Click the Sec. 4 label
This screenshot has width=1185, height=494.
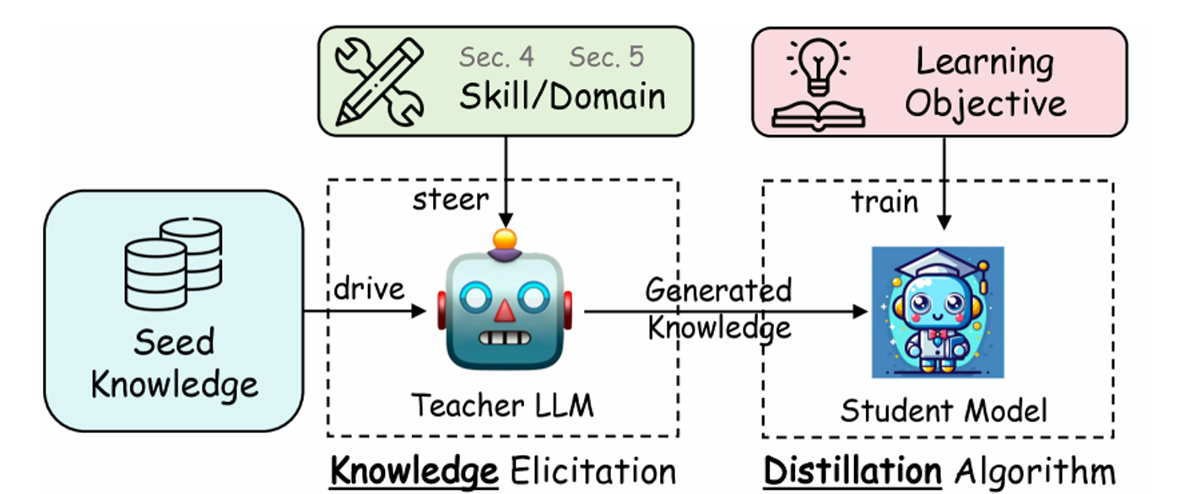496,57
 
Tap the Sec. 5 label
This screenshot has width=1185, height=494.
606,57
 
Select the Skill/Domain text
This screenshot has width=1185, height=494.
562,96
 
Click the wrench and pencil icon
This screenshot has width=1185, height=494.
379,82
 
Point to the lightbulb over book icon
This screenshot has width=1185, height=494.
819,84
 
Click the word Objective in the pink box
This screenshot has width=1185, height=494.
985,104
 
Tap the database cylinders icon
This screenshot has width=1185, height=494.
174,263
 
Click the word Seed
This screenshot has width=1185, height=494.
174,342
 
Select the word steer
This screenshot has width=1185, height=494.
450,200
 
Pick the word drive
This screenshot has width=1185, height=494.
369,289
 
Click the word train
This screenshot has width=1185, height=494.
885,202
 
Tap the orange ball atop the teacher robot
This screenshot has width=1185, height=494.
505,240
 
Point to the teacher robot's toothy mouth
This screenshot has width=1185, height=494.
504,338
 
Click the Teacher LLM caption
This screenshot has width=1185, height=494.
502,405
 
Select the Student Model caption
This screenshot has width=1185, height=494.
944,411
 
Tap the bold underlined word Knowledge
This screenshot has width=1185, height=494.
414,470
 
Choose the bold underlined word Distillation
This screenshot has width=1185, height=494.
852,470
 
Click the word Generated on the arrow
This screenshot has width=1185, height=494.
718,290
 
